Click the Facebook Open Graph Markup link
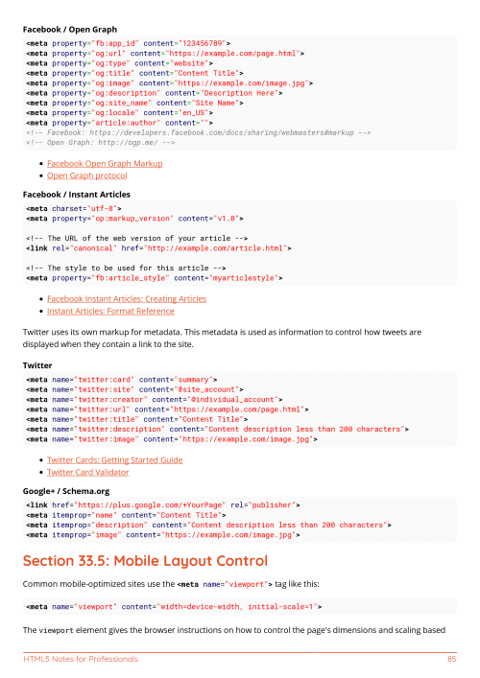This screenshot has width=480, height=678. pos(105,164)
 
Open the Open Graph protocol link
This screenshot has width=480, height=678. pos(86,176)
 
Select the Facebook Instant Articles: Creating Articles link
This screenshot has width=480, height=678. pos(126,299)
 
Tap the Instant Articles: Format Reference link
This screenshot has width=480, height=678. pos(110,312)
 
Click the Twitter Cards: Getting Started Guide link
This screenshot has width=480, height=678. pos(114,460)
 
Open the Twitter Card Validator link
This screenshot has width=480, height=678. pos(88,473)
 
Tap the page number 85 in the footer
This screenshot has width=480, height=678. pos(451,660)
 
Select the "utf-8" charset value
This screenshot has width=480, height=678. pos(98,208)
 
